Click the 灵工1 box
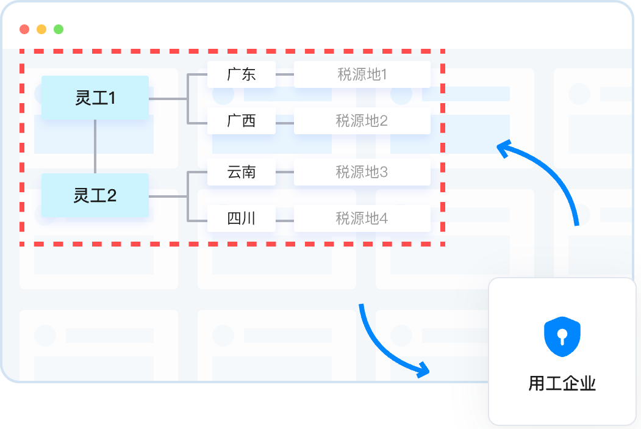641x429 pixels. [x=95, y=98]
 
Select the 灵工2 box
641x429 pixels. [x=95, y=195]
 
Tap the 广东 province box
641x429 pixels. [x=241, y=74]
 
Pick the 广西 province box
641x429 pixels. [x=241, y=121]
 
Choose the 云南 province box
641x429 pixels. [x=241, y=171]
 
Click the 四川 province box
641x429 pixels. [x=241, y=218]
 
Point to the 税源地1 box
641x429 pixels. [x=362, y=74]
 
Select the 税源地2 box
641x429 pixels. [x=362, y=121]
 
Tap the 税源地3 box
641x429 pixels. [x=362, y=171]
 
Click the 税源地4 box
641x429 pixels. [x=362, y=218]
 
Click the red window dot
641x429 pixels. [x=24, y=29]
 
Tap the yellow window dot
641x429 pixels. [x=41, y=29]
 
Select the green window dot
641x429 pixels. [x=59, y=29]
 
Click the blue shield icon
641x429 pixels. [x=562, y=337]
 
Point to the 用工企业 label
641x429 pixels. [x=562, y=384]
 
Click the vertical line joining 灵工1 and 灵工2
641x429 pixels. [x=95, y=146]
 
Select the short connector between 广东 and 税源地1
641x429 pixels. [x=285, y=74]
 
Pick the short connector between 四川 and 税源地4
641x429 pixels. [x=285, y=221]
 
